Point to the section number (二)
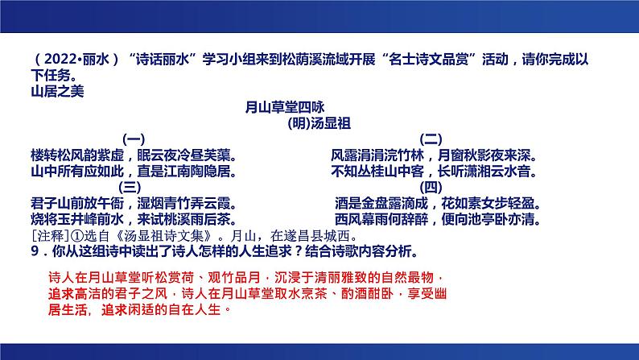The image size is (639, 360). tap(432, 139)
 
